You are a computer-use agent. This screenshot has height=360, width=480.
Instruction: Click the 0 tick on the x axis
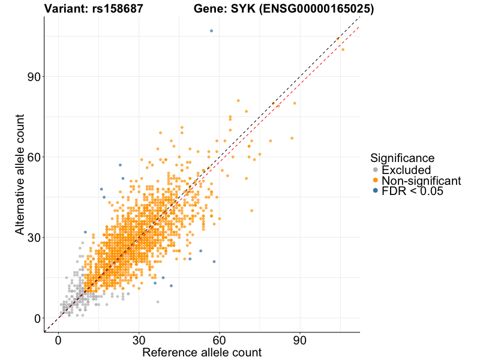58,340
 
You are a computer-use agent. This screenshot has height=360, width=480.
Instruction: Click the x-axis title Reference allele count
202,353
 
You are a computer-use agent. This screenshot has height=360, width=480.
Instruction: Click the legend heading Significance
402,158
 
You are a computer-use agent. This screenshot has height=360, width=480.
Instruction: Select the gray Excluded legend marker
376,170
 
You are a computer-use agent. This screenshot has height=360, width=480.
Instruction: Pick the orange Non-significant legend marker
376,181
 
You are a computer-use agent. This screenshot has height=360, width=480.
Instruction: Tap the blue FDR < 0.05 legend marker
376,191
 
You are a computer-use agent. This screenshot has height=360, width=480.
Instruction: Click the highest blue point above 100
211,31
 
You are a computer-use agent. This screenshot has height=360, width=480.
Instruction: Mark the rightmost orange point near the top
343,50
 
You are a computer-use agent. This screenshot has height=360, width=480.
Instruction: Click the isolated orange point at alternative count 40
251,211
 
